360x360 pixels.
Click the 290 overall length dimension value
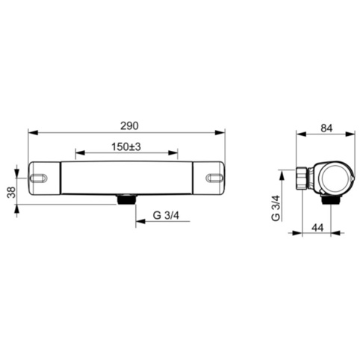pyautogui.click(x=129, y=126)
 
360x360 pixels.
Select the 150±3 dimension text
pyautogui.click(x=126, y=147)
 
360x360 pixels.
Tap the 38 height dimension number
pyautogui.click(x=11, y=192)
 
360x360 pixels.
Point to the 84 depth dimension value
pyautogui.click(x=326, y=128)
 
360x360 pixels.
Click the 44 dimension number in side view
pyautogui.click(x=317, y=228)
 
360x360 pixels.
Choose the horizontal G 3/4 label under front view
pyautogui.click(x=166, y=215)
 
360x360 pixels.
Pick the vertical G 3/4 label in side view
pyautogui.click(x=276, y=208)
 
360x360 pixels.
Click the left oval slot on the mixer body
pyautogui.click(x=38, y=178)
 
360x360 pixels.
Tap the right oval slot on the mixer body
pyautogui.click(x=214, y=178)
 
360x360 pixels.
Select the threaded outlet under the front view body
pyautogui.click(x=126, y=199)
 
